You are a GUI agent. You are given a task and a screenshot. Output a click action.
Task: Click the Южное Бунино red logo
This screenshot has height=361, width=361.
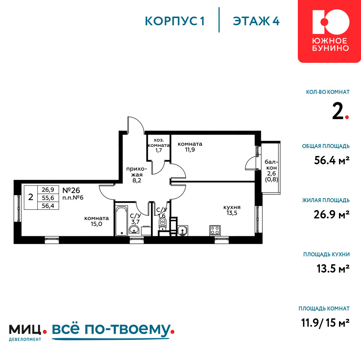tap(329, 31)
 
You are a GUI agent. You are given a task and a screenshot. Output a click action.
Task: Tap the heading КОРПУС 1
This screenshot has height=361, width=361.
tap(175, 21)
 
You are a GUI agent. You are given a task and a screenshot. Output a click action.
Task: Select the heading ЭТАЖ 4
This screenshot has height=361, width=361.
tap(256, 21)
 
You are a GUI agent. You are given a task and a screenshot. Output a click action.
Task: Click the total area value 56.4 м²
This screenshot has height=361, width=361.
tap(332, 160)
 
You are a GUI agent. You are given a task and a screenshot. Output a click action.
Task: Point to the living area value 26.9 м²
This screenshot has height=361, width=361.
tap(331, 214)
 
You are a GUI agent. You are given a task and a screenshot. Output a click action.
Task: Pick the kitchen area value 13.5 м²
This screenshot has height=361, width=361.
tap(333, 269)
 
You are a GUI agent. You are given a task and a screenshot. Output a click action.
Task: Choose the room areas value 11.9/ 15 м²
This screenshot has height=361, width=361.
tap(325, 323)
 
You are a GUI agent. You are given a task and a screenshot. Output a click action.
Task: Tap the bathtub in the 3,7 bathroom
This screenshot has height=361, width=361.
tap(121, 221)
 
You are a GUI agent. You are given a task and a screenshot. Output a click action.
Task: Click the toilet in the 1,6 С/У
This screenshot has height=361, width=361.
tap(162, 223)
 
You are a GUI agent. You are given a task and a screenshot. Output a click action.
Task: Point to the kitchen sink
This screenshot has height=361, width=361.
tap(183, 231)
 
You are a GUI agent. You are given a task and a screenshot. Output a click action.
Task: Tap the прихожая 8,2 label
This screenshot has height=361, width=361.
tap(136, 175)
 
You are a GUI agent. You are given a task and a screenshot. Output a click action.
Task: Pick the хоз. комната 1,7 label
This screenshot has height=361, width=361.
tap(158, 145)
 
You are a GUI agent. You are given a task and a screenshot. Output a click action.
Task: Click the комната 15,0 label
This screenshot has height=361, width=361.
tap(96, 221)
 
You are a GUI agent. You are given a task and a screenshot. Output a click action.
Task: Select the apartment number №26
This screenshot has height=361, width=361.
tap(71, 190)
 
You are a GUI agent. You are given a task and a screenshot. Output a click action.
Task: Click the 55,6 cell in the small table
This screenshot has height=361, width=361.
tap(48, 198)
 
